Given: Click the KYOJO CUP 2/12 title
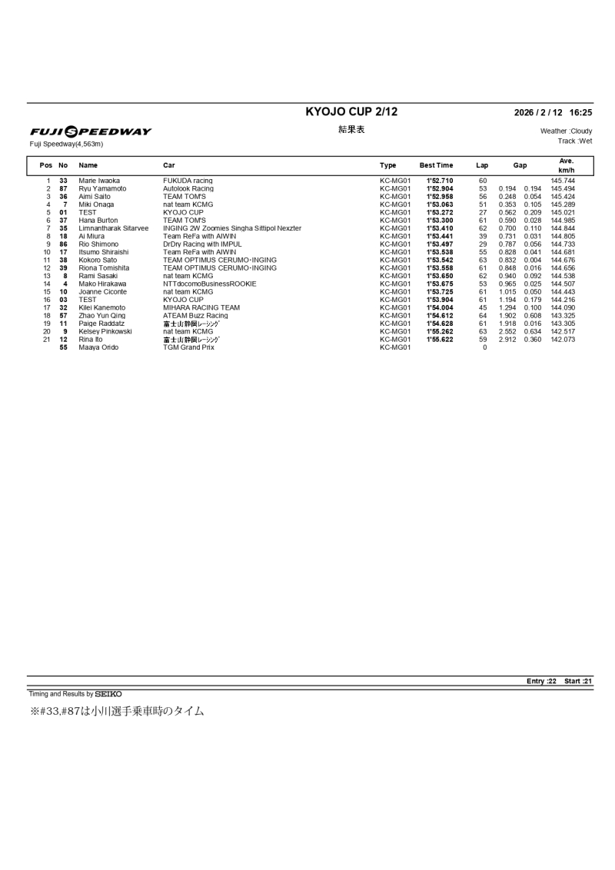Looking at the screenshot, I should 351,112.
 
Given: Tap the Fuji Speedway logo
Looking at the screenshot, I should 91,131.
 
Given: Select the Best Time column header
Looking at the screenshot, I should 436,165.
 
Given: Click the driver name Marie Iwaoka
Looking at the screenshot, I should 99,181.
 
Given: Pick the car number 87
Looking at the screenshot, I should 64,188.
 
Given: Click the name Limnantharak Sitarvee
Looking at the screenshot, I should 114,228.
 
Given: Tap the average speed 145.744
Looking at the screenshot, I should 563,181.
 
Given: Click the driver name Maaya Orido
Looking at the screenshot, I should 98,347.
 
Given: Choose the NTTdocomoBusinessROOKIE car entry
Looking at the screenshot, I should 210,284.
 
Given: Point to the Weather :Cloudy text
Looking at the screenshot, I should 566,131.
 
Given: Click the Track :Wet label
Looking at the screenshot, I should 574,141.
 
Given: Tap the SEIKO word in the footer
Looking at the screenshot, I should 108,694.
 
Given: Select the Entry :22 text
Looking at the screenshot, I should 541,681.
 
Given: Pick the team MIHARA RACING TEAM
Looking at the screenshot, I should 201,307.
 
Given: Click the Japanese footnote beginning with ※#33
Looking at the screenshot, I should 117,712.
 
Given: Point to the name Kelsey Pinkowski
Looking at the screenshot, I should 105,331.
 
